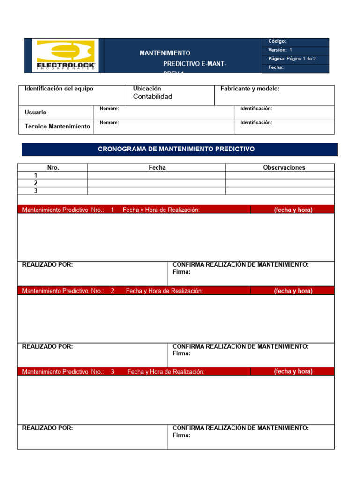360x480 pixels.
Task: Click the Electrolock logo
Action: (66, 55)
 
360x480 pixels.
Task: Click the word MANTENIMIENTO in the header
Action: (165, 53)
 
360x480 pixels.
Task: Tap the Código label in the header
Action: (277, 42)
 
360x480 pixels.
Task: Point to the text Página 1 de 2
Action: (301, 59)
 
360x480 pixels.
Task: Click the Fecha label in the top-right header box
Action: (276, 67)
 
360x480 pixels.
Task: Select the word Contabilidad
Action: (152, 97)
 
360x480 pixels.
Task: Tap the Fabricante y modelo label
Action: (250, 89)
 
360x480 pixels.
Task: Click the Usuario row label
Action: (36, 112)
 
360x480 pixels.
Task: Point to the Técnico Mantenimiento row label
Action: (57, 127)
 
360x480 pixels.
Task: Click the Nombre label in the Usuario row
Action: (109, 109)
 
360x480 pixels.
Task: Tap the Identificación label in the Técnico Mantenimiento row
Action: (256, 123)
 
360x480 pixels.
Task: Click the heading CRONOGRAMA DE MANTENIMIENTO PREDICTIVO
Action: (176, 149)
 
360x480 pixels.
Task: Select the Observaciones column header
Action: (284, 167)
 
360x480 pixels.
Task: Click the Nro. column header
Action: (53, 167)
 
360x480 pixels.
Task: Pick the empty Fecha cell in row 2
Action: (156, 183)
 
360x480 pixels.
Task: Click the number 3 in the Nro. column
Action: (36, 191)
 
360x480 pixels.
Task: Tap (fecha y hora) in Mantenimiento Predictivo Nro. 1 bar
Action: (293, 210)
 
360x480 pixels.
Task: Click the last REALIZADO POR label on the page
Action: (47, 427)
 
